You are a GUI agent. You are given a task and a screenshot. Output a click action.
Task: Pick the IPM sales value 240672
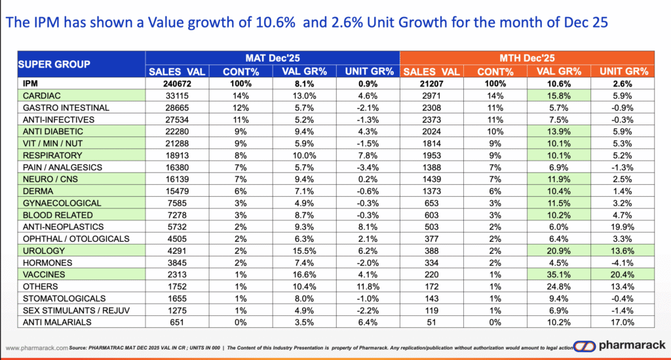(176, 83)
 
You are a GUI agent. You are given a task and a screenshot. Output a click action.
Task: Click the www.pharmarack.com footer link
(36, 347)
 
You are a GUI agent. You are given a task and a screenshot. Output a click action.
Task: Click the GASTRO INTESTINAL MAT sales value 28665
(176, 108)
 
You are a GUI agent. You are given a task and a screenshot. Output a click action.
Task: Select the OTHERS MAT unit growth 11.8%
(368, 287)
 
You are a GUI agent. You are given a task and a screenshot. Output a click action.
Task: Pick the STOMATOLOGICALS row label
(58, 298)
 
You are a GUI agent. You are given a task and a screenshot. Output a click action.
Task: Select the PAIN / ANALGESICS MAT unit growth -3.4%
(368, 167)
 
